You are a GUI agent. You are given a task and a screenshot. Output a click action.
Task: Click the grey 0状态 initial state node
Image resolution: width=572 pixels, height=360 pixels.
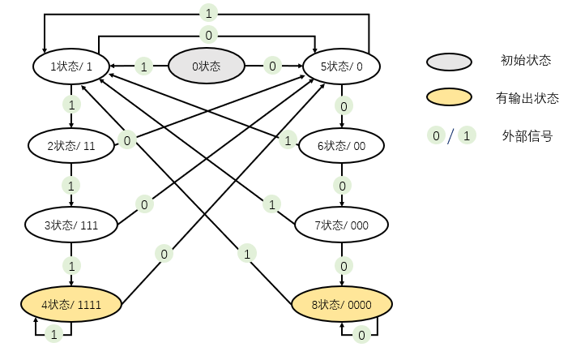[206, 66]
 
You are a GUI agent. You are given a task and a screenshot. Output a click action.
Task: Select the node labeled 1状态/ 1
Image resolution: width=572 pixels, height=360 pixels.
[70, 66]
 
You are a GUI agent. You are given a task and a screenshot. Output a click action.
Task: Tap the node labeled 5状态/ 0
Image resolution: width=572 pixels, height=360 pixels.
[342, 66]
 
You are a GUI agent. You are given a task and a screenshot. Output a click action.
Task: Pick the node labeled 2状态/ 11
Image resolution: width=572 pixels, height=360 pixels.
[71, 146]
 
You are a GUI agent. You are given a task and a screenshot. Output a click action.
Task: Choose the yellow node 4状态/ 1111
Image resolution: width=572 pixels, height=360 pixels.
[71, 305]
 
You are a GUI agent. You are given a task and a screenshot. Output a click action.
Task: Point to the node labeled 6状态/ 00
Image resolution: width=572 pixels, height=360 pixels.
[342, 146]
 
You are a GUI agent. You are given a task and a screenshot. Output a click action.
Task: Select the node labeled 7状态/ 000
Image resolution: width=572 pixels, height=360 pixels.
[342, 225]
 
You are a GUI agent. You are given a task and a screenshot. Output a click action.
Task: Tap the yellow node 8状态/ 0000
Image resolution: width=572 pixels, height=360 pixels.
[342, 305]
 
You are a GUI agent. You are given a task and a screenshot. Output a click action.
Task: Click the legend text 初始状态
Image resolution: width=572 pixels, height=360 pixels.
[526, 60]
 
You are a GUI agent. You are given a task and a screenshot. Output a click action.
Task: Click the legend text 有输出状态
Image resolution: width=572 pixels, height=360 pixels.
[527, 98]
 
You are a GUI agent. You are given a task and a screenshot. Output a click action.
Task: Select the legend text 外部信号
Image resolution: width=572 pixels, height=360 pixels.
[527, 136]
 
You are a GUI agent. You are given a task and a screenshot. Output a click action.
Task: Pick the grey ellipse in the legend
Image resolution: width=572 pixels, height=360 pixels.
[448, 61]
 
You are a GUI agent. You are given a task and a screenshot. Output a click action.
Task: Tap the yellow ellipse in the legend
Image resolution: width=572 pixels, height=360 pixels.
[448, 98]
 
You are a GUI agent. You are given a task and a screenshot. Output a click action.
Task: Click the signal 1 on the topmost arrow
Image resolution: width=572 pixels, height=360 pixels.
[207, 14]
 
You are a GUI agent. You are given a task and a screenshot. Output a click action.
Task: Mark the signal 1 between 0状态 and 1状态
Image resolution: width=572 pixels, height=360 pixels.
[143, 66]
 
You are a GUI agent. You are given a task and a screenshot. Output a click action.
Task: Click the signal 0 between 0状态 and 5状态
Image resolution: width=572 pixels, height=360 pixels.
[272, 66]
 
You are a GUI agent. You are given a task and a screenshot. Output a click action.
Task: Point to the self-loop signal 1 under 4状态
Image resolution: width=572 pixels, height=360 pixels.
[53, 334]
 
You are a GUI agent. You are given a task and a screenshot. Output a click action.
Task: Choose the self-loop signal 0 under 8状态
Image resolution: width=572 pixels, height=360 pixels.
[361, 334]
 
